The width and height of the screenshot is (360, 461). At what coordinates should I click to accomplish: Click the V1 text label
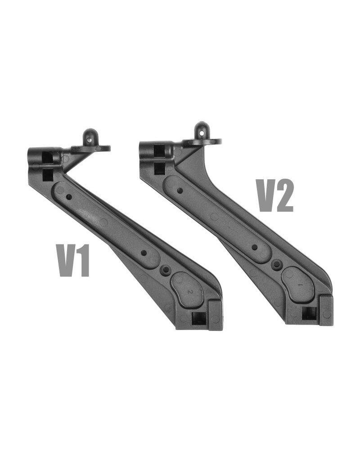coord(72,261)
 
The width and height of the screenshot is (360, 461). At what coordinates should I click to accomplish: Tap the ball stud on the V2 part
coord(201,130)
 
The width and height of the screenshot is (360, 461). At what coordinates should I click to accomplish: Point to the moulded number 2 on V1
coord(190,292)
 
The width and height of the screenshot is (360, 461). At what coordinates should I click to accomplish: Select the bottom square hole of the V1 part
coord(198,319)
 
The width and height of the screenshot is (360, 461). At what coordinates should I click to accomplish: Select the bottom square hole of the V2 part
coord(309,313)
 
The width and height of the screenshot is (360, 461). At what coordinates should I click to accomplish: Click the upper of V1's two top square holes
coord(47,157)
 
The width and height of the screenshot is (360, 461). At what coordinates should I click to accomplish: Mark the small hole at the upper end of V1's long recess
coord(69,197)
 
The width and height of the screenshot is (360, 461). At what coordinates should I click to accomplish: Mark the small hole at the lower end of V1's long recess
coord(144,253)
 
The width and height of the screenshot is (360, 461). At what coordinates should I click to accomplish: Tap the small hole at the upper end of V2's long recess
coord(180,190)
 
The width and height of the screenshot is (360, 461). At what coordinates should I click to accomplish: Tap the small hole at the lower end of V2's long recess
coord(255,247)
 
